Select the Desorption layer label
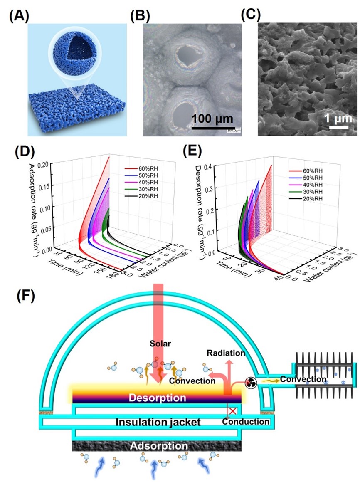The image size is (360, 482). point(157,398)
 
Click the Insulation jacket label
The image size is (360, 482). point(158,423)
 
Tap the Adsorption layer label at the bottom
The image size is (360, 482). point(157,446)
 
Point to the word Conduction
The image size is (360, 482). point(245,422)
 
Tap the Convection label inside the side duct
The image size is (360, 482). point(303,379)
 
